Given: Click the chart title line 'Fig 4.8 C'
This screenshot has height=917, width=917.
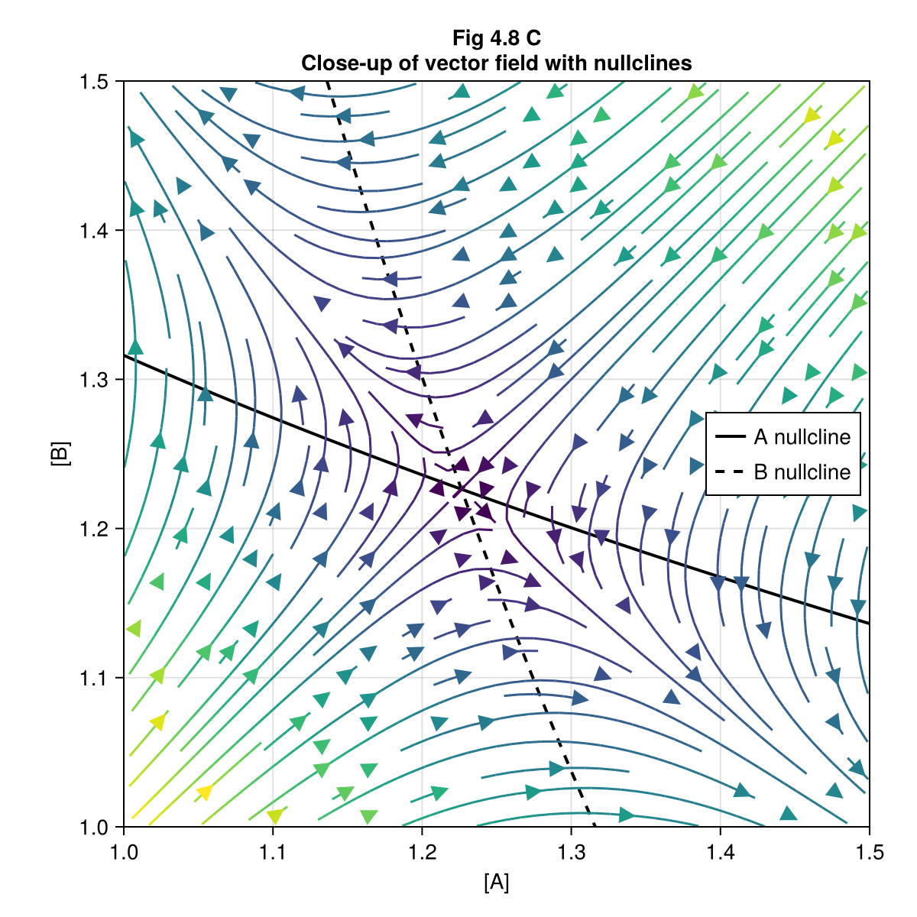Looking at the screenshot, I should pyautogui.click(x=496, y=38).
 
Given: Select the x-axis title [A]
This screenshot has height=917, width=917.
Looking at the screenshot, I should pyautogui.click(x=496, y=883).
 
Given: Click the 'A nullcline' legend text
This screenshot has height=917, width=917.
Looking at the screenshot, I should pyautogui.click(x=802, y=437).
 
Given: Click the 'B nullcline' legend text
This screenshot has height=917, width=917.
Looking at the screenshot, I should pyautogui.click(x=802, y=472).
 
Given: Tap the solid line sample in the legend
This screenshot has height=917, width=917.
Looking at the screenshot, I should pyautogui.click(x=731, y=437).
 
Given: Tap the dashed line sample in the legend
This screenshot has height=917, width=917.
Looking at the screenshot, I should pyautogui.click(x=731, y=472).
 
